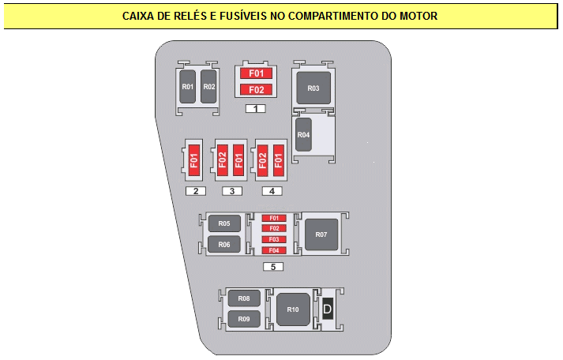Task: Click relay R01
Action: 187,87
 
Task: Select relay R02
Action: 208,87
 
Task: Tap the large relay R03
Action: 313,88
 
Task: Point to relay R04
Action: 303,134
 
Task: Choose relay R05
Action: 224,223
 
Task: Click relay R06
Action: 224,245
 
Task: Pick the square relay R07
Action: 321,234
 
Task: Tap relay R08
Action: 244,298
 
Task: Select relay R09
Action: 244,319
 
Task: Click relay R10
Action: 293,309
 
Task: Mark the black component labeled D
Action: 328,309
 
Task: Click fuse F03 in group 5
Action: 274,239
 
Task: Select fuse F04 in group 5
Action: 274,250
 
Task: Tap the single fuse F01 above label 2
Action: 194,160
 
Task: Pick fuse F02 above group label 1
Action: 256,89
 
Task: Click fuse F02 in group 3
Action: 223,160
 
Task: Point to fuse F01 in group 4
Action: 279,160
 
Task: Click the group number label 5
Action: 273,267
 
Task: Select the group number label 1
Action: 256,108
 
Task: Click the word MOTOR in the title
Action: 418,16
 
